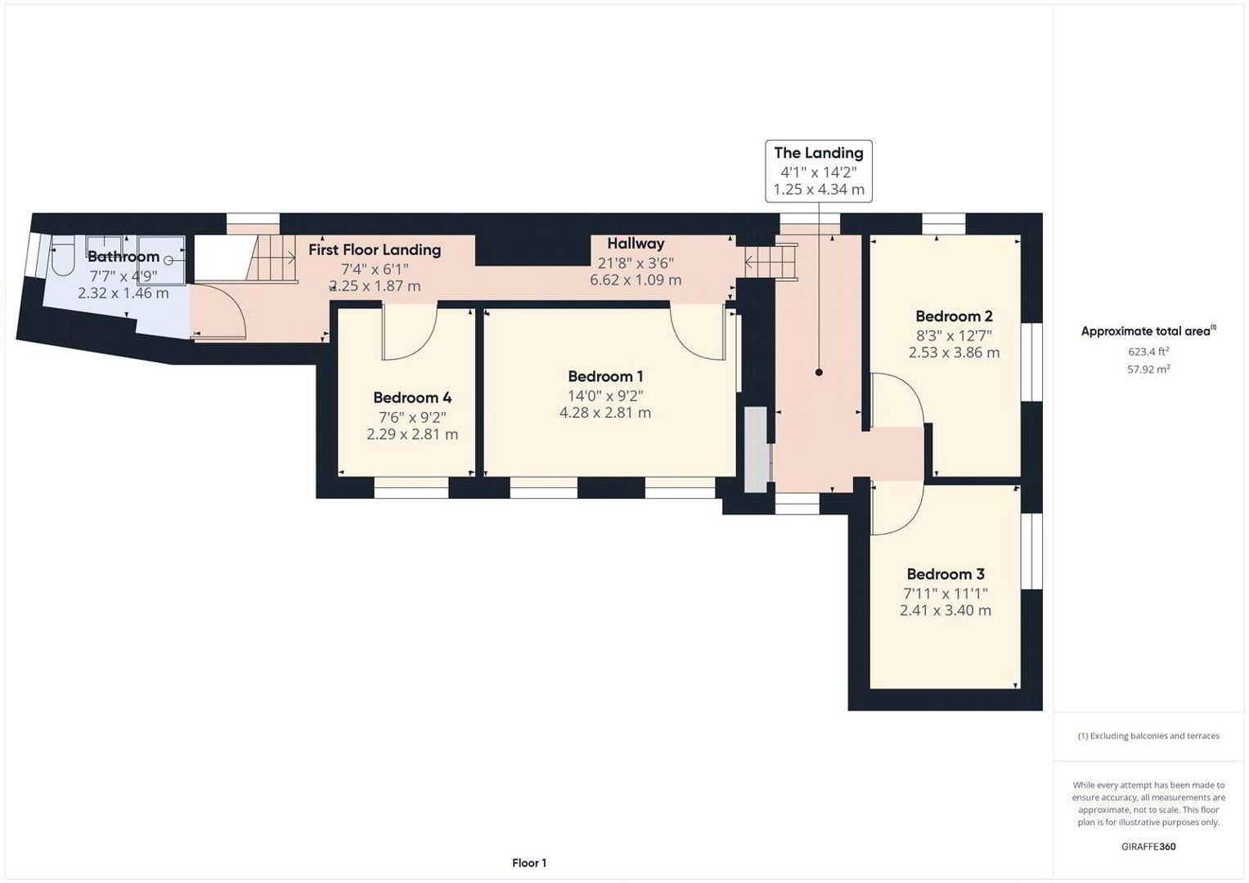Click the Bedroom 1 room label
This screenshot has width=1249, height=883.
[x=605, y=376]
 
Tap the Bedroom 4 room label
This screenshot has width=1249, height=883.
[x=412, y=397]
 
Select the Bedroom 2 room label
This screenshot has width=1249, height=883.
[x=954, y=316]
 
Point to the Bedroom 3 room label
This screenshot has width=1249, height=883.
[x=946, y=574]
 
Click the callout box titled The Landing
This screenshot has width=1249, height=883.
[x=819, y=171]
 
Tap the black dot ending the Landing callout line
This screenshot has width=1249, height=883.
[x=819, y=372]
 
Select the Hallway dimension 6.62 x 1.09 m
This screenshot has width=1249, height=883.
[x=636, y=280]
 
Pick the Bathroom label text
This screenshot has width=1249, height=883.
[x=124, y=257]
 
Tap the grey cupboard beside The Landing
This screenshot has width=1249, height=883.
[x=757, y=450]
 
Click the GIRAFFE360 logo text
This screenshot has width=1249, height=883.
[x=1148, y=846]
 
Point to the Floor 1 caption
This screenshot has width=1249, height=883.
[x=529, y=863]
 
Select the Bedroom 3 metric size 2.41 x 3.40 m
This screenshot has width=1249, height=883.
[x=946, y=610]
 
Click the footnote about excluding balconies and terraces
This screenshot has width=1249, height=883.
[x=1148, y=736]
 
